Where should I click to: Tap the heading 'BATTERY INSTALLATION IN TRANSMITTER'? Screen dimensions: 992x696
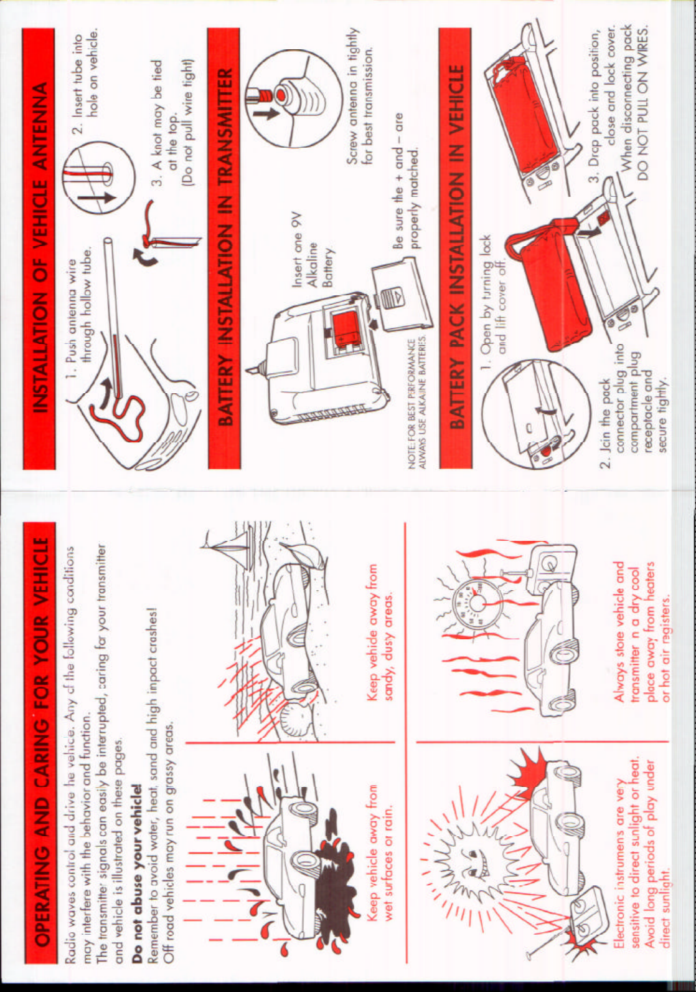click(224, 247)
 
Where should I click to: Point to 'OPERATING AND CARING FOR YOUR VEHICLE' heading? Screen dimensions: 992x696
click(40, 742)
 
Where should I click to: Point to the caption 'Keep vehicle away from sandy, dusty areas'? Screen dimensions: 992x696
click(380, 632)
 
